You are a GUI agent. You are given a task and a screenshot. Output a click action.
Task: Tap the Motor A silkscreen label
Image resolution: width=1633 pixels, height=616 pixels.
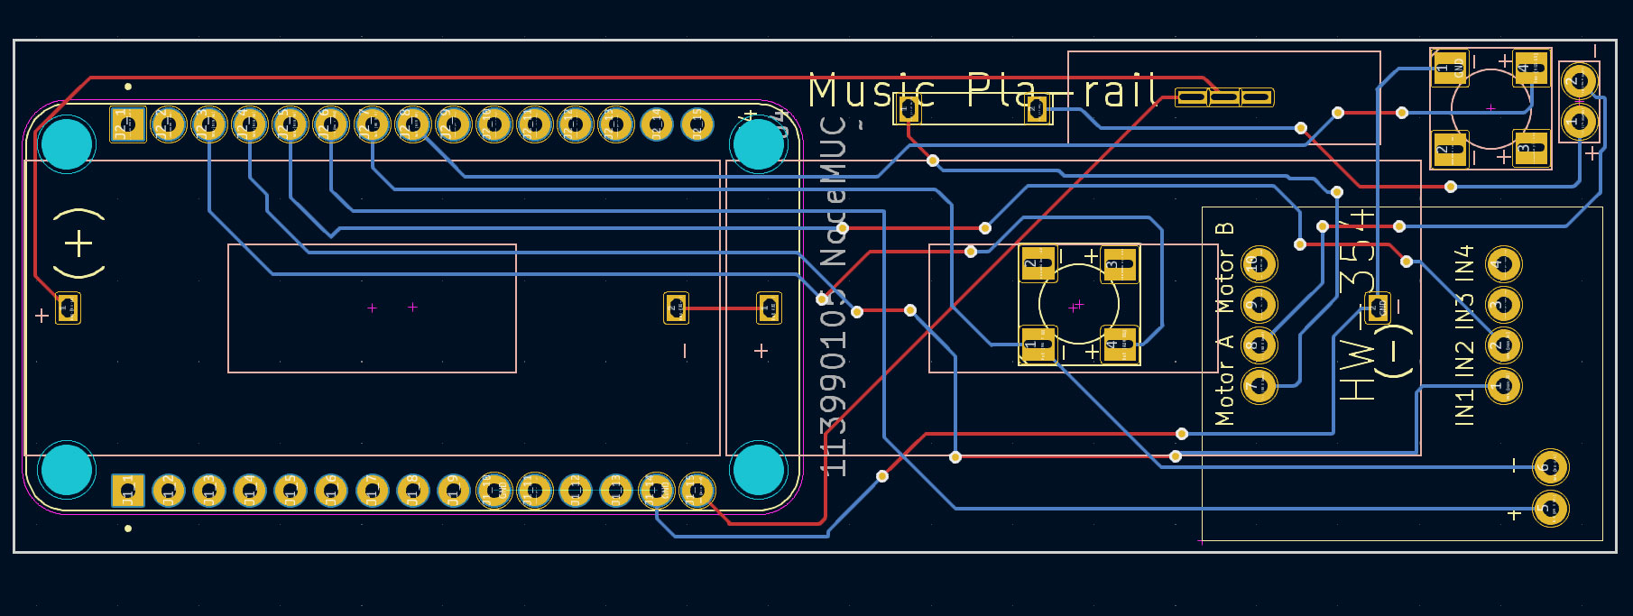click(x=1224, y=380)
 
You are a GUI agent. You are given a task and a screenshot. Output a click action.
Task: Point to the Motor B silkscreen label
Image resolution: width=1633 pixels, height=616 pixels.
click(x=1224, y=268)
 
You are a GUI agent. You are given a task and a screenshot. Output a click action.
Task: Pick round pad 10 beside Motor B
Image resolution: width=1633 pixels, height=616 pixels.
click(x=1259, y=264)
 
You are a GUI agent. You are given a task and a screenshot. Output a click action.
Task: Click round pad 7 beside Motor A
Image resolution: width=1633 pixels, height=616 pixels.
click(x=1259, y=386)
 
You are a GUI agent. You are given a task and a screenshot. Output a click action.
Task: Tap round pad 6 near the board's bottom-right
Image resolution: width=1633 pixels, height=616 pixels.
click(x=1550, y=467)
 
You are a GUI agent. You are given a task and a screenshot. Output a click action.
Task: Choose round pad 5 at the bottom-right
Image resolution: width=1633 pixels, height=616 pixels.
click(x=1550, y=509)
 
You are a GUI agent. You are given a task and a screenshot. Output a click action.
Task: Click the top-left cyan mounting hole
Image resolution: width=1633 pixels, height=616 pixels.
click(x=67, y=144)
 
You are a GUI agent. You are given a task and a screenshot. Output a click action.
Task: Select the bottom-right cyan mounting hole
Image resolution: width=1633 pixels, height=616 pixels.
click(x=758, y=470)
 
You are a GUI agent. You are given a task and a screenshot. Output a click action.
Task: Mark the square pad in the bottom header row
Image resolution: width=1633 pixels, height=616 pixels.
click(x=128, y=492)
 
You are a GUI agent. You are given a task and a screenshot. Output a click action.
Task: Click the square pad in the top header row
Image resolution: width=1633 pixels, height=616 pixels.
click(x=127, y=124)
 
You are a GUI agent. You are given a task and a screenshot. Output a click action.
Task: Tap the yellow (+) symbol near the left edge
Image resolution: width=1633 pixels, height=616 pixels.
click(x=78, y=244)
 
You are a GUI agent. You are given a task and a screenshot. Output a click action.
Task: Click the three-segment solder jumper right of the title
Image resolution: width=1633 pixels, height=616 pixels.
click(x=1224, y=97)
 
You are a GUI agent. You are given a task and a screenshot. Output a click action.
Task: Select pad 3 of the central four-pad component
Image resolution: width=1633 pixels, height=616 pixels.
click(x=1119, y=264)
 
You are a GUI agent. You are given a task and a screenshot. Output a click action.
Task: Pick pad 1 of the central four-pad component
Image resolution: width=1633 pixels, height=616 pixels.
click(x=1038, y=344)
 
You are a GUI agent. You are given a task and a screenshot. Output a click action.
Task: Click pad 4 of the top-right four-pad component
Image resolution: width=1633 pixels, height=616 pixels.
click(x=1531, y=68)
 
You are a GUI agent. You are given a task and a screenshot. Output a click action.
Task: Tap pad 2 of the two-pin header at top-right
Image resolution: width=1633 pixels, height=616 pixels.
click(x=1579, y=81)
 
